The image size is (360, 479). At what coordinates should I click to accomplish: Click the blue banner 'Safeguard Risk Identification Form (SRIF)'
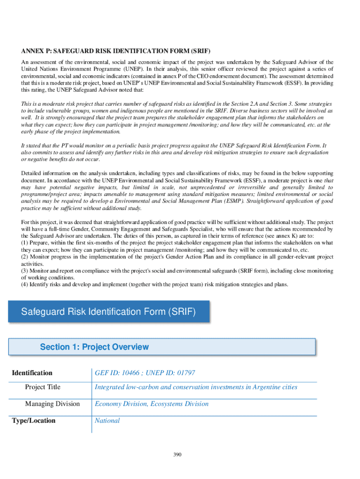(x=108, y=312)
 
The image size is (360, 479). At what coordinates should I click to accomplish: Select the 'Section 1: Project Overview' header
(x=94, y=347)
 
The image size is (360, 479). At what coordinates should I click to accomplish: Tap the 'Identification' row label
(x=32, y=373)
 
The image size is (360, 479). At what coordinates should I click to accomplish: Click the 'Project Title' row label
(x=43, y=387)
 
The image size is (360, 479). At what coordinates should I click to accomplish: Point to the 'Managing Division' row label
(x=52, y=404)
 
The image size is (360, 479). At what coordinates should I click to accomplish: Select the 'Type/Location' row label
(x=34, y=421)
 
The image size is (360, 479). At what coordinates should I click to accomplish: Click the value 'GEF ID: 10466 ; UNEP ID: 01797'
(x=145, y=373)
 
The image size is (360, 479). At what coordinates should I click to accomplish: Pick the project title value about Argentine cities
(x=196, y=387)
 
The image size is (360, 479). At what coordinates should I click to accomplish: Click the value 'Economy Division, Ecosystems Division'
(x=151, y=404)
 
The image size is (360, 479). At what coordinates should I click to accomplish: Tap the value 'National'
(x=107, y=421)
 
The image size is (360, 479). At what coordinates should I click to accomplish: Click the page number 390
(x=177, y=455)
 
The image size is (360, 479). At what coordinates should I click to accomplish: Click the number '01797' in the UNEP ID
(x=186, y=373)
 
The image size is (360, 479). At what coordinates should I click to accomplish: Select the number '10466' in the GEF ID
(x=128, y=373)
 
